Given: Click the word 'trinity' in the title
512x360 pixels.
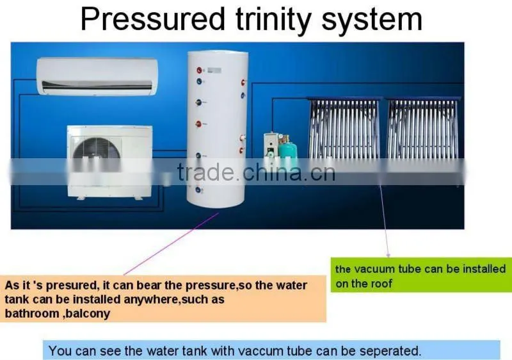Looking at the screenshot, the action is click(x=273, y=19).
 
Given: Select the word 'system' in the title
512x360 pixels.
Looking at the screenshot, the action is click(x=372, y=20).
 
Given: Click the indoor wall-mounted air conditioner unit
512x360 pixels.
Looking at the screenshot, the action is click(x=97, y=76).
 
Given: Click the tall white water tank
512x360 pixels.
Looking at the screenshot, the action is click(x=217, y=129).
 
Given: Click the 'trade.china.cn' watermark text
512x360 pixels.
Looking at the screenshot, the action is click(x=257, y=172).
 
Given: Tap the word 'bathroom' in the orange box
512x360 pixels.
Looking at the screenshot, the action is click(x=31, y=313).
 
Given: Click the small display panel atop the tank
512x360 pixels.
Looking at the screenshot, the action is click(x=214, y=70).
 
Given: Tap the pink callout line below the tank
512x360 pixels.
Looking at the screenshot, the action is click(x=171, y=243).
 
